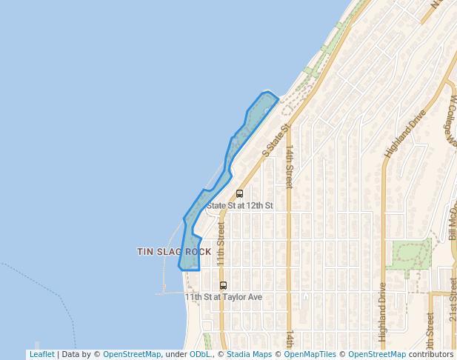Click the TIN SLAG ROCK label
tap(174, 252)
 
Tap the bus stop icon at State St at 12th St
tap(239, 193)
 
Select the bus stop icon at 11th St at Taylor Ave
tap(223, 285)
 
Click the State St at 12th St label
tap(240, 205)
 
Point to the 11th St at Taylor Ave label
tap(224, 297)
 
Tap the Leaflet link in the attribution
tap(41, 354)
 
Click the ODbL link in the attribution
tap(199, 354)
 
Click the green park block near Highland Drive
tap(411, 256)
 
